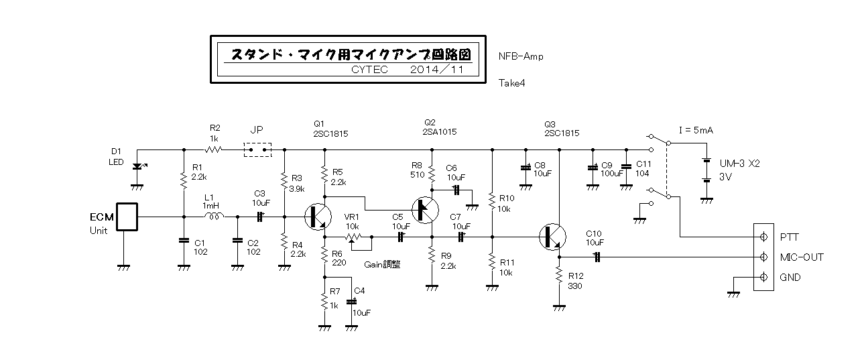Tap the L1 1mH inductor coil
click(x=214, y=217)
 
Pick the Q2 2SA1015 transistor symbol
click(x=425, y=210)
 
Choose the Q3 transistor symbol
click(x=552, y=237)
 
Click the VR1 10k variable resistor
click(x=353, y=237)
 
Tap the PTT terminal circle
click(x=763, y=237)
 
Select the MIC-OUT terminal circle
click(x=763, y=257)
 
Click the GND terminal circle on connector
click(x=763, y=277)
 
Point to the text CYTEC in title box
click(x=369, y=70)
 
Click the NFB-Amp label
click(x=521, y=56)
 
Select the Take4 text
click(x=511, y=83)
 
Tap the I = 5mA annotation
click(x=696, y=131)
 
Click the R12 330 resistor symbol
click(x=559, y=275)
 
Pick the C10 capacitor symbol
click(x=597, y=257)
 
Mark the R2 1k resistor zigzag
click(x=213, y=149)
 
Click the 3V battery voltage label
click(x=725, y=177)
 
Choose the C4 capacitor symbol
click(x=351, y=302)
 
